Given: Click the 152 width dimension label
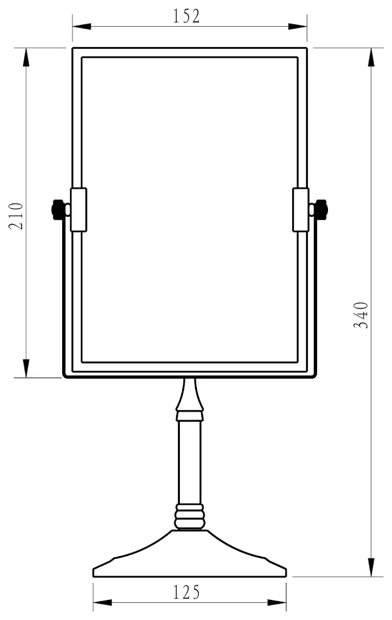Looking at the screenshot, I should point(187,16).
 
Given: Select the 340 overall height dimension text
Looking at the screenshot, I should point(362,314).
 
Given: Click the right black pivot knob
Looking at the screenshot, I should point(321,210).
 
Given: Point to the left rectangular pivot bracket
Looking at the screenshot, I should point(79,210).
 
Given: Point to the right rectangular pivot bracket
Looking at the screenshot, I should point(301,210).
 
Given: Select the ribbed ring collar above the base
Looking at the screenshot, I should point(190,517).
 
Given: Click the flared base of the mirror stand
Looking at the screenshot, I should point(190,557).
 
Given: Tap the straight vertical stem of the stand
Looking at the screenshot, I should point(190,463).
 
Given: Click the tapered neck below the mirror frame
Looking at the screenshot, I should point(190,396).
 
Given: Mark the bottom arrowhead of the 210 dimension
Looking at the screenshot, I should point(26,368).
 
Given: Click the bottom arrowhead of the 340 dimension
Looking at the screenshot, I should point(371,567).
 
